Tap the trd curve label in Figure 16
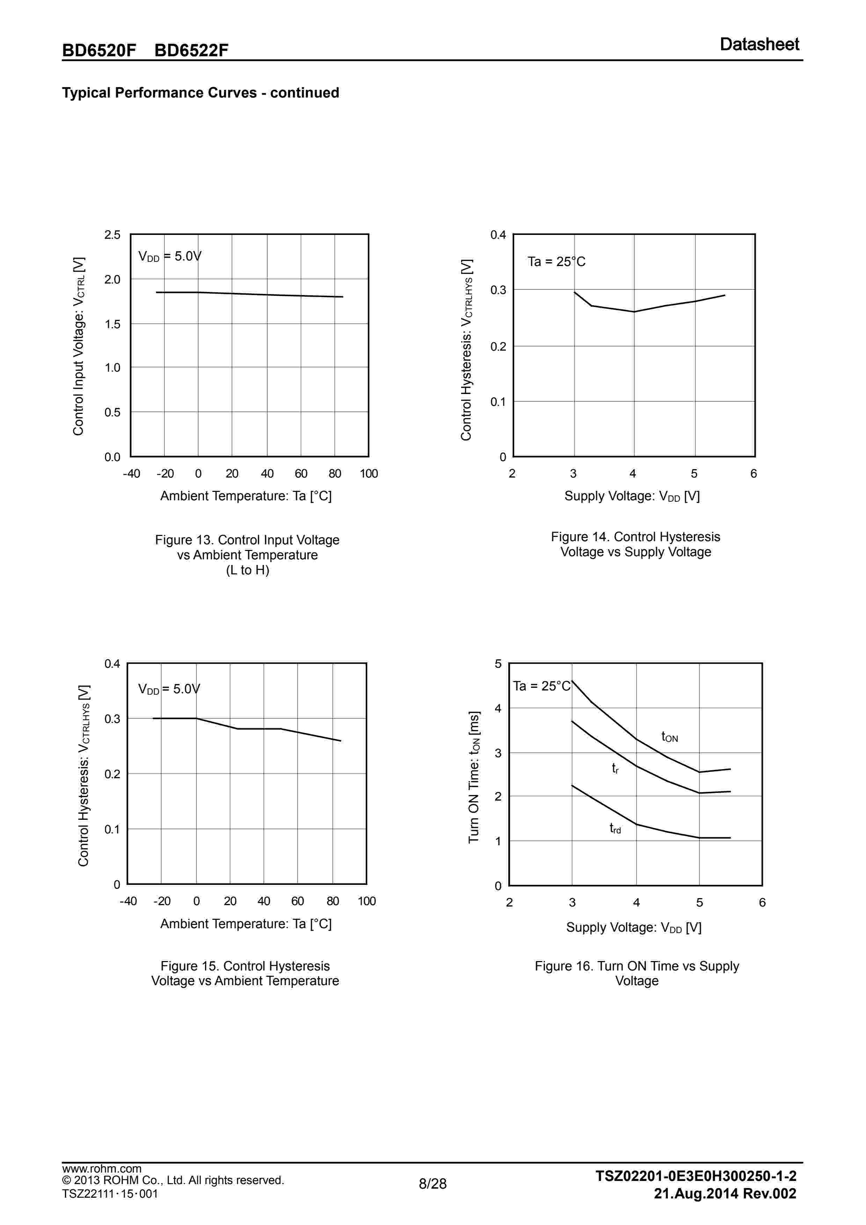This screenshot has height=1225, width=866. (615, 828)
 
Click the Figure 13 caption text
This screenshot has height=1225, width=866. (247, 555)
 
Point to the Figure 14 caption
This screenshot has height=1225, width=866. (635, 544)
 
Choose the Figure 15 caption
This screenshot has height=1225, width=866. (245, 973)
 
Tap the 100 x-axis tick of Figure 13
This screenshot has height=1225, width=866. (369, 474)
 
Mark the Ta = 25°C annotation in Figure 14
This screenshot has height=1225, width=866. (556, 262)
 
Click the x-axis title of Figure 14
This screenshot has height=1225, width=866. (632, 496)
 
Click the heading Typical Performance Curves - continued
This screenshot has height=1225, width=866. (201, 93)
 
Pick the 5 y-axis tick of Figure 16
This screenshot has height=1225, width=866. (498, 664)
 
